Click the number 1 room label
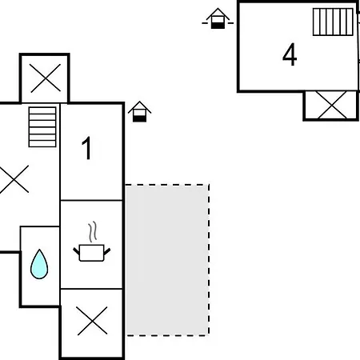[x=87, y=148]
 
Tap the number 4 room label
[x=290, y=54]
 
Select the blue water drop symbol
[x=39, y=264]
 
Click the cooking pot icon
[x=91, y=253]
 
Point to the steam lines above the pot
[x=92, y=231]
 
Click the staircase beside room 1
[x=42, y=127]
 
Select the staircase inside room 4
[x=333, y=22]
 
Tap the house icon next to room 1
[x=139, y=112]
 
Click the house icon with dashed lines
[x=218, y=18]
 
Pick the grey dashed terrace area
[x=167, y=260]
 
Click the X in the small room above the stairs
[x=46, y=78]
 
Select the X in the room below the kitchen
[x=92, y=321]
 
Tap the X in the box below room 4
[x=332, y=105]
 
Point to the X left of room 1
[x=14, y=179]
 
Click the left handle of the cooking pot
[x=76, y=251]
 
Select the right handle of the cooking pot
[x=107, y=251]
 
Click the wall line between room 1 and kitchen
[x=91, y=200]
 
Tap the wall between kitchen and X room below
[x=91, y=289]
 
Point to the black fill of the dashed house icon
[x=218, y=26]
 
